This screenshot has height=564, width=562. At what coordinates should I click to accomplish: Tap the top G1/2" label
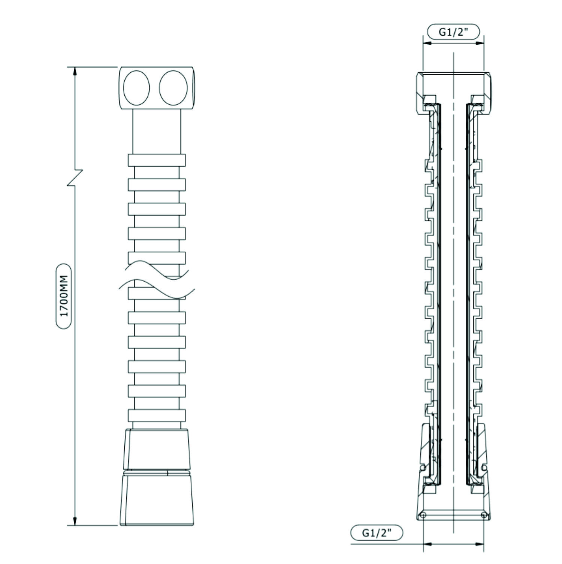coord(454,32)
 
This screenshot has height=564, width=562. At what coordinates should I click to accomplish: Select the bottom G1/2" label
coord(377,532)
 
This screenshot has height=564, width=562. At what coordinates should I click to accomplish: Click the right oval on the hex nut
coord(173,88)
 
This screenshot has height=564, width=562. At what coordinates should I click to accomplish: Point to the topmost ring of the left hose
coord(157,160)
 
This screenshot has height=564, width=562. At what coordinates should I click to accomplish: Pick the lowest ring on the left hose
coord(157,415)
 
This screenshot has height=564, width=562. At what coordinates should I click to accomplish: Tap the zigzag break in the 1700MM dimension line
coord(75,177)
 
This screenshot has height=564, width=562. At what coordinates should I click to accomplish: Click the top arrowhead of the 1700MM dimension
coord(75,72)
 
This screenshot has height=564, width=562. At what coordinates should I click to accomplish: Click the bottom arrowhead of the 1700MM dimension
coord(75,520)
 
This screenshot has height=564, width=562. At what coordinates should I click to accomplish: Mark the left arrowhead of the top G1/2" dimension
coord(427,43)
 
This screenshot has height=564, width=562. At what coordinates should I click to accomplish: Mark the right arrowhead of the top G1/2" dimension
coord(479,43)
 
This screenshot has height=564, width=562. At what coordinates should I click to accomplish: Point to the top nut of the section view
coord(454,92)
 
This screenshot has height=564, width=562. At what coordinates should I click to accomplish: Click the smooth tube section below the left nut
coord(157,131)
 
